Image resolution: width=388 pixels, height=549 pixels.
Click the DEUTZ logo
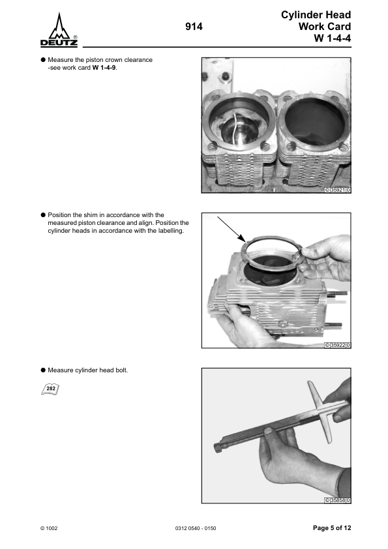point(59,30)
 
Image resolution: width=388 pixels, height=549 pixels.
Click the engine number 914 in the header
point(194,27)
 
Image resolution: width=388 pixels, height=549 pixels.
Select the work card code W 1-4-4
point(333,38)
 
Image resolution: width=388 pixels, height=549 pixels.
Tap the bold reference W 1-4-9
point(104,68)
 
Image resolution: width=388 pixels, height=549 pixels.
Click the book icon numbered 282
point(50,389)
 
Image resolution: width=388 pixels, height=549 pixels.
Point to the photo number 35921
point(338,190)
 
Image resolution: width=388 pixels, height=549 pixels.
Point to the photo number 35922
point(338,345)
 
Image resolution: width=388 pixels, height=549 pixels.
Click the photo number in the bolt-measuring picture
point(338,500)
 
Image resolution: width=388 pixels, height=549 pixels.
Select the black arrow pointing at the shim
point(231,229)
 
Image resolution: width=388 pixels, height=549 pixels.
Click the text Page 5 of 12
point(332,528)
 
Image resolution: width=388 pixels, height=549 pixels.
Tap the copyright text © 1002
point(49,528)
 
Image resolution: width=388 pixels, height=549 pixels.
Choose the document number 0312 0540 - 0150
point(196,528)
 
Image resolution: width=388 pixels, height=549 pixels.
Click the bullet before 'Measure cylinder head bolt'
point(44,370)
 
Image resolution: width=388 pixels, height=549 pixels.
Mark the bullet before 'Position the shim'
point(44,215)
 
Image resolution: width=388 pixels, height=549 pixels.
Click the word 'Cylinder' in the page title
point(297,15)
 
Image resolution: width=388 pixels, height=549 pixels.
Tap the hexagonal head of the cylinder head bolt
point(218,448)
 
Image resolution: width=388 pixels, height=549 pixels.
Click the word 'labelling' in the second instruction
point(171,231)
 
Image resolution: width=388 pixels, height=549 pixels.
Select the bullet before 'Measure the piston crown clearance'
point(44,59)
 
